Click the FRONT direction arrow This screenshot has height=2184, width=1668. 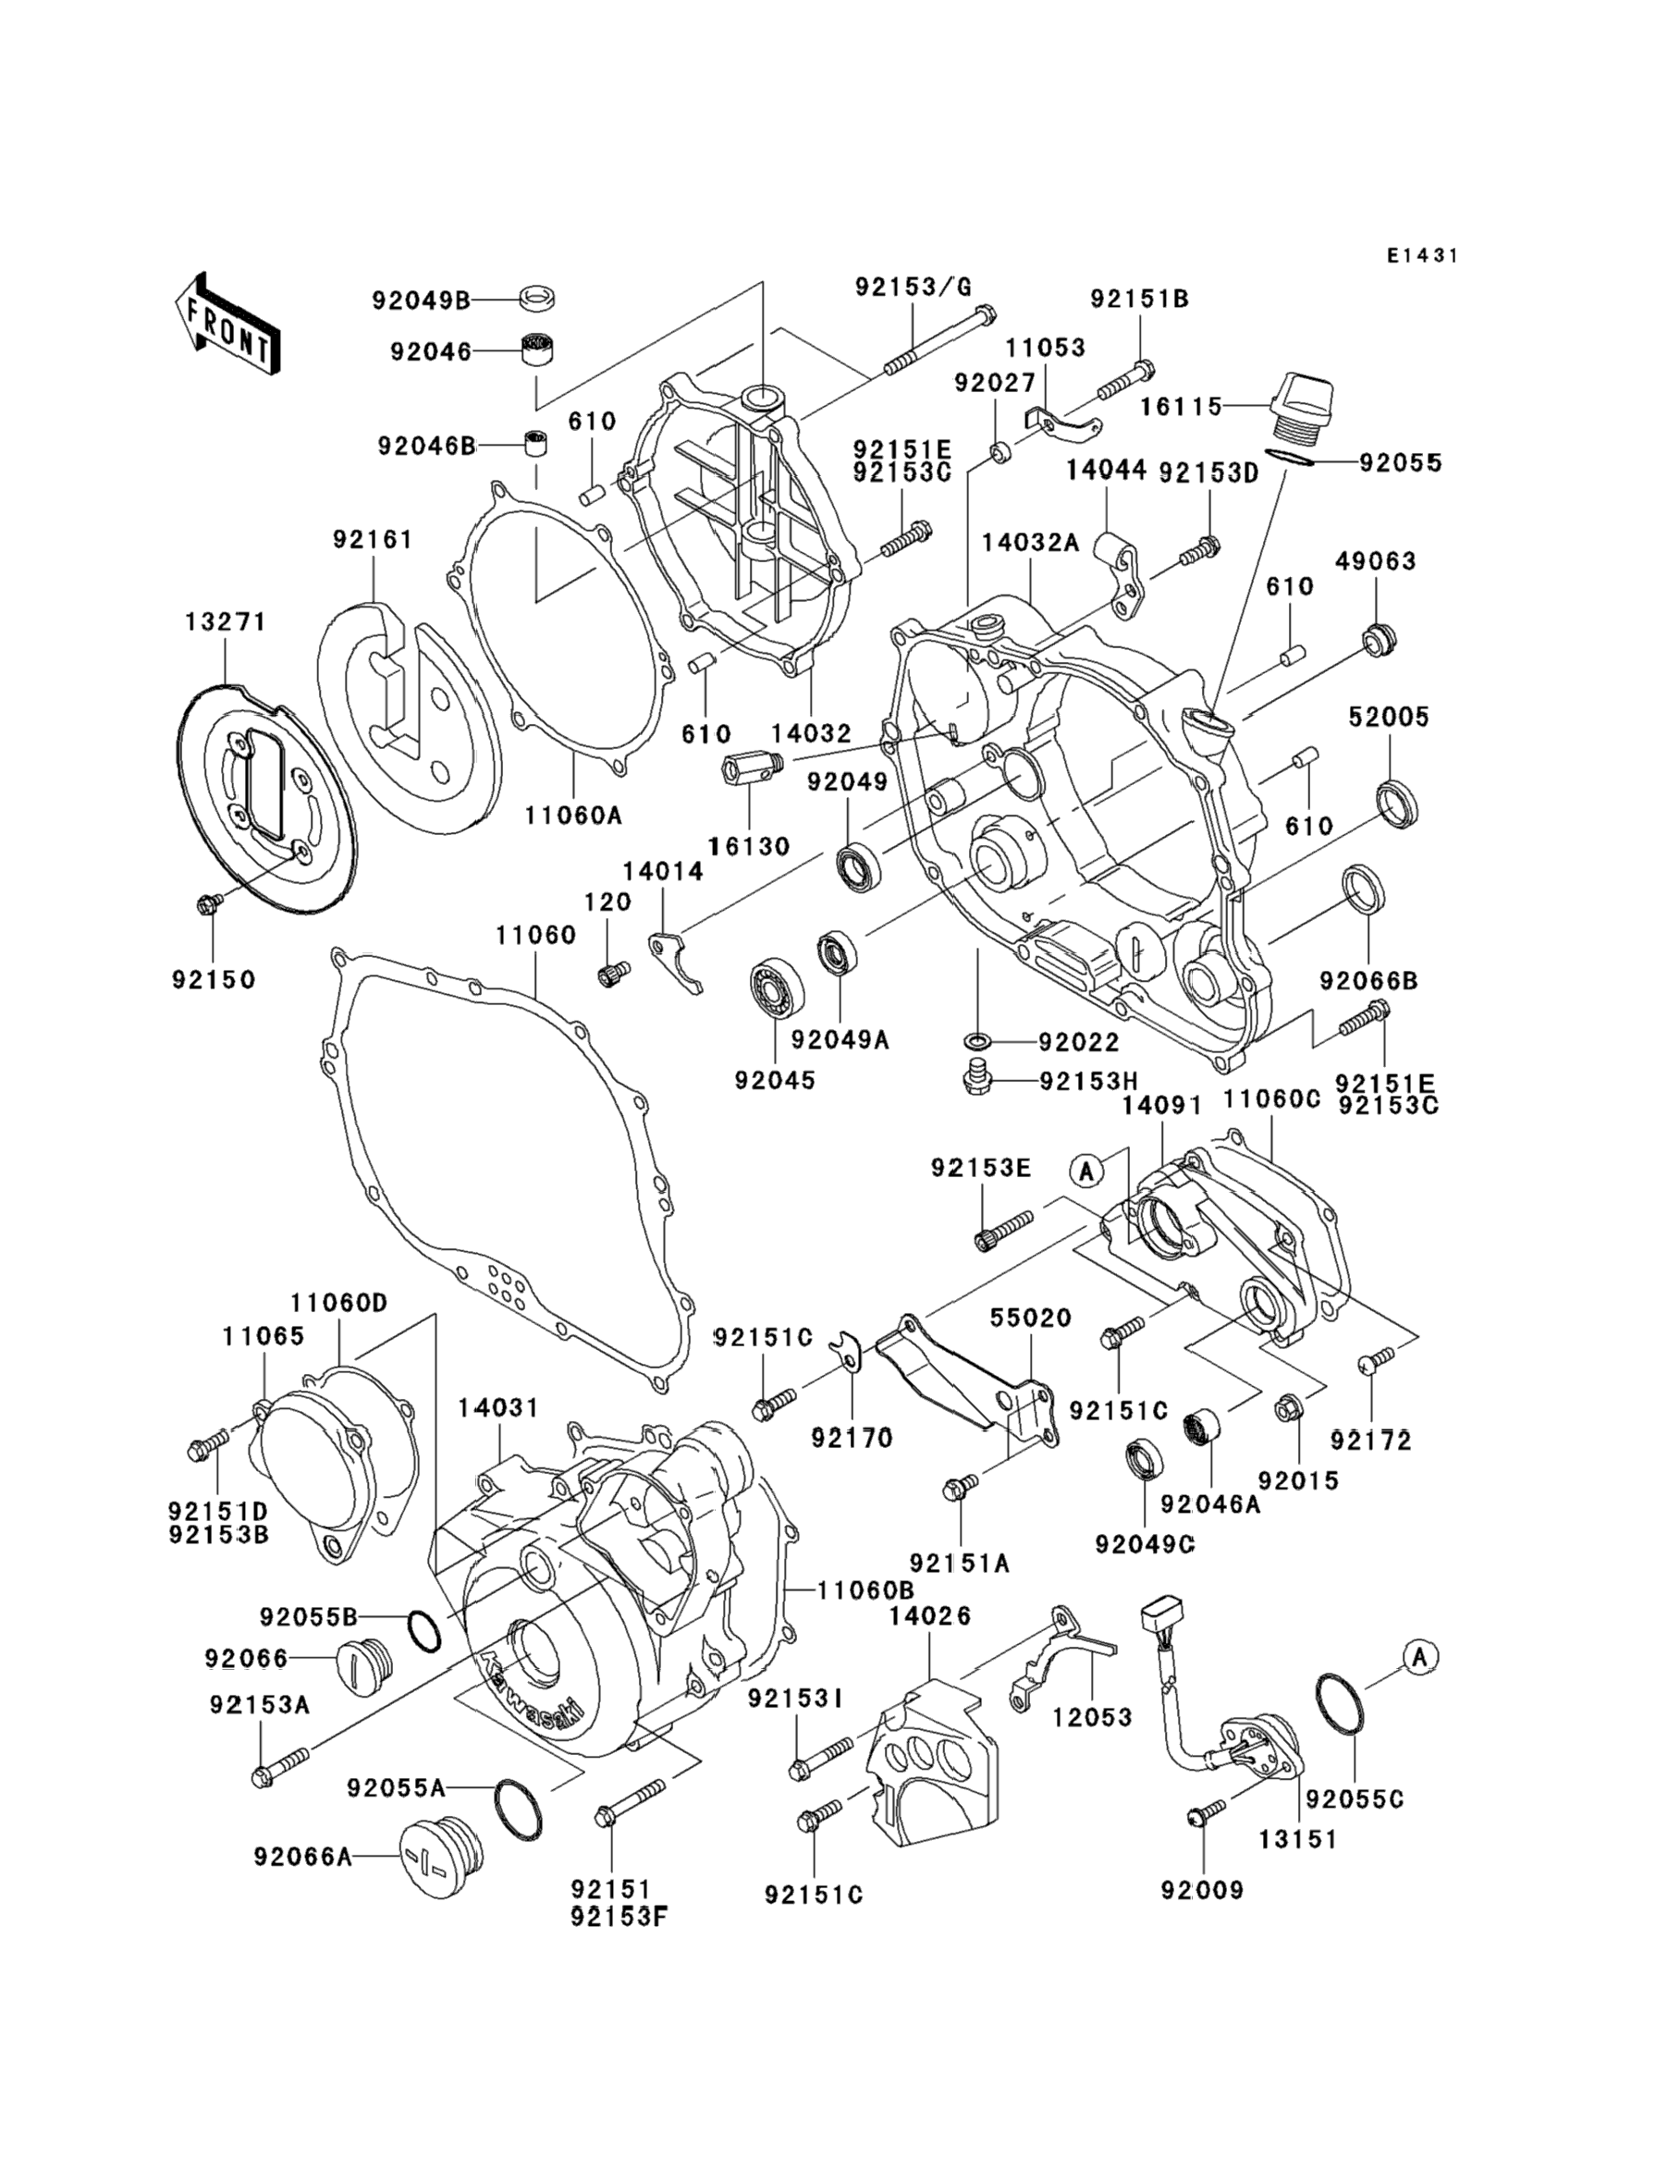pos(227,325)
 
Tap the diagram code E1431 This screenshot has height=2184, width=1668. pos(1423,256)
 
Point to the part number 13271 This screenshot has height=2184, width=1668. pos(226,622)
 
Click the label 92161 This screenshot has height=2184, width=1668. pos(373,540)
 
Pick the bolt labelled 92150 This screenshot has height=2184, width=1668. pos(210,903)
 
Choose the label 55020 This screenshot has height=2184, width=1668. pos(1031,1319)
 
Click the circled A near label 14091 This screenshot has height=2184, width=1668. pos(1087,1172)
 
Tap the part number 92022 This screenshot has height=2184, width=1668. pos(1078,1042)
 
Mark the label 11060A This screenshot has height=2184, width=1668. pos(573,815)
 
